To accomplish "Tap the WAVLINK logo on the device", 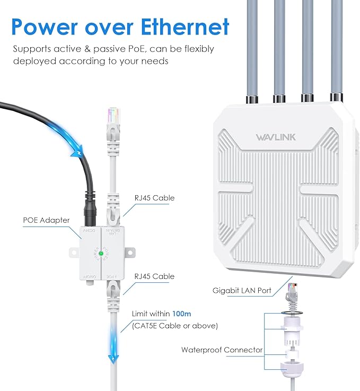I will (x=276, y=137).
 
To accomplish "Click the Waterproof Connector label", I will (x=222, y=350).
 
